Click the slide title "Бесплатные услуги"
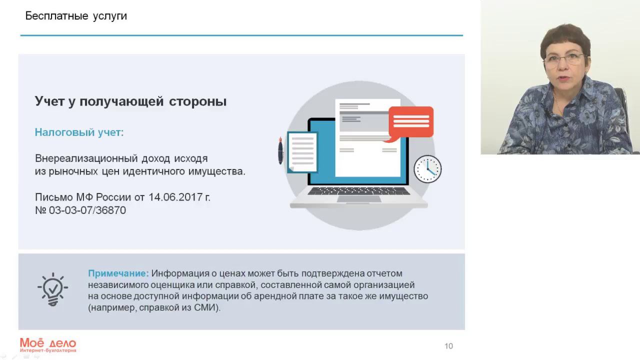(76, 16)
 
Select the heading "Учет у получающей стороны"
(130, 101)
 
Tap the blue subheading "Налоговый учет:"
(79, 132)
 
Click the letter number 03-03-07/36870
(87, 210)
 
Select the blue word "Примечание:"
(118, 273)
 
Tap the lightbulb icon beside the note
(52, 289)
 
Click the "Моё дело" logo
(48, 344)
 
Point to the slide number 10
(448, 346)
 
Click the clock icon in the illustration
(427, 169)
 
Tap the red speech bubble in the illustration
(410, 122)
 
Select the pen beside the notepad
(280, 150)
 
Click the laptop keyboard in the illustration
(358, 191)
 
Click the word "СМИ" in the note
(205, 308)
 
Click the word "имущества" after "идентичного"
(220, 171)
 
